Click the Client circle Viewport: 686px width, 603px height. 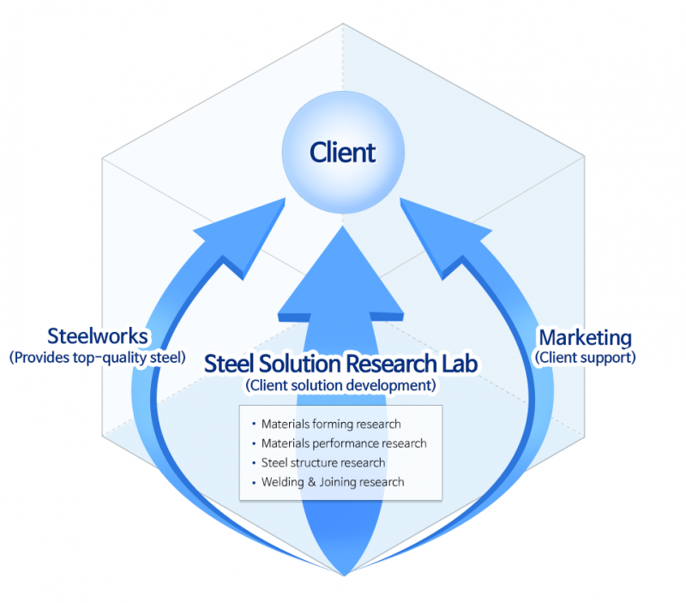(x=342, y=153)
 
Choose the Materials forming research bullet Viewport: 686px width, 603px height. (x=331, y=424)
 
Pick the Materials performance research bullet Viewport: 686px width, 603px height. (x=343, y=443)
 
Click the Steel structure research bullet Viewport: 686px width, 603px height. (x=323, y=463)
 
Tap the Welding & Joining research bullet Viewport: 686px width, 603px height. (x=333, y=482)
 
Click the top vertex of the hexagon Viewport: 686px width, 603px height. (x=343, y=23)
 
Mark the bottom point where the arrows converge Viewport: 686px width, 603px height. (x=343, y=574)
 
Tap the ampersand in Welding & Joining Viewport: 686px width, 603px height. (x=311, y=482)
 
